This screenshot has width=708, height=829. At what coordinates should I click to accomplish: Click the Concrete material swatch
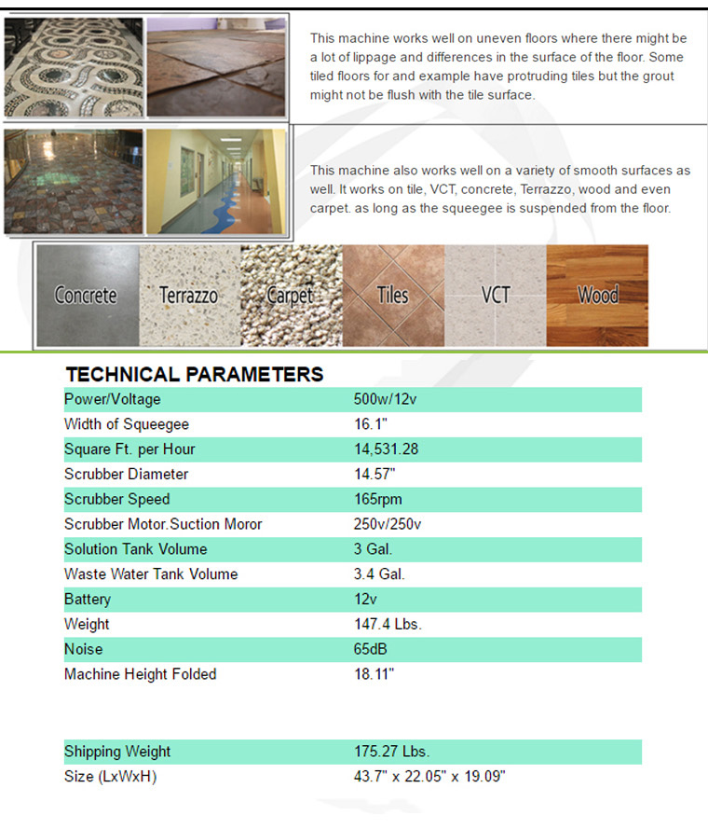click(88, 296)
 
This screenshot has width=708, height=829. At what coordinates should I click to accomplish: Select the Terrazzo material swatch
click(189, 296)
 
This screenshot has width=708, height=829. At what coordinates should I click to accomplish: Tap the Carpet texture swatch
click(291, 296)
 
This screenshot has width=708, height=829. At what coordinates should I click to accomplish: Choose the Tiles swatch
click(392, 296)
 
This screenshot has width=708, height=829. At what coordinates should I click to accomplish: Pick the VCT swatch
click(495, 296)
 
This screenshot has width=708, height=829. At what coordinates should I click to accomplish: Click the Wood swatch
click(597, 296)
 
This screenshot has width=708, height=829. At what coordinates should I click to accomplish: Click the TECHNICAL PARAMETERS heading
click(194, 375)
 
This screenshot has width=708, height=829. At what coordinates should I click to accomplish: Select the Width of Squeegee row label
click(127, 424)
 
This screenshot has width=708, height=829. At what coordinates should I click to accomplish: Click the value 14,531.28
click(386, 449)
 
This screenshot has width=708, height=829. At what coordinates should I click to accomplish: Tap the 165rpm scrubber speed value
click(378, 499)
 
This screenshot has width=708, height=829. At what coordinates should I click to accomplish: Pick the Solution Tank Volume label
click(136, 549)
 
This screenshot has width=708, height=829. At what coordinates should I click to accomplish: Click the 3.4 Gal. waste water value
click(379, 573)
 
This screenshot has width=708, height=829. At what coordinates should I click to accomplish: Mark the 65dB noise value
click(371, 649)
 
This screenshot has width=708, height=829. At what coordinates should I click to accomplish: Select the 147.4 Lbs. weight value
click(388, 624)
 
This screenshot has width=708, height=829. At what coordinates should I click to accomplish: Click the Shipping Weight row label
click(117, 752)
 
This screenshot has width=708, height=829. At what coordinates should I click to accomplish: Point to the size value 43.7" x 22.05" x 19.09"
click(429, 777)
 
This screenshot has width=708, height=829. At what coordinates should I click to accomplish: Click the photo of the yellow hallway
click(216, 181)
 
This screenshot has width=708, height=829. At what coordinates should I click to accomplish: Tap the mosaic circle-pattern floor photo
click(74, 65)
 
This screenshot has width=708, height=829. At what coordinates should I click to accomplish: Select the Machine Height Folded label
click(140, 673)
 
